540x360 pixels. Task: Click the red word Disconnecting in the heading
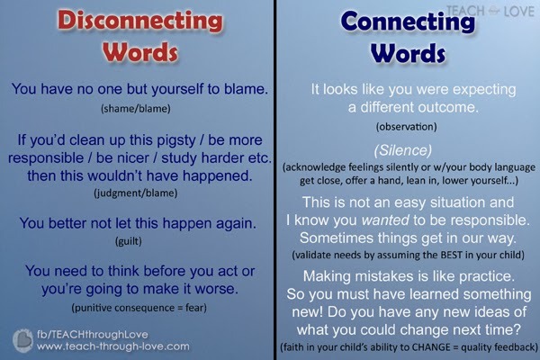pyautogui.click(x=139, y=21)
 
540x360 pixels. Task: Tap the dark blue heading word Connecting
pyautogui.click(x=408, y=22)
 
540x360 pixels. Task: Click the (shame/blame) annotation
pyautogui.click(x=136, y=109)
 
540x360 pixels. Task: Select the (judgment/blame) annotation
pyautogui.click(x=136, y=193)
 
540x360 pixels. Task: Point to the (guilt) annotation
pyautogui.click(x=129, y=241)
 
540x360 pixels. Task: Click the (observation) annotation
pyautogui.click(x=407, y=127)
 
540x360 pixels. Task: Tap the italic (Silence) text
pyautogui.click(x=403, y=150)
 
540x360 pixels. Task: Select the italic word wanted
pyautogui.click(x=385, y=220)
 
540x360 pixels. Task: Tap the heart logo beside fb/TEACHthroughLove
pyautogui.click(x=22, y=341)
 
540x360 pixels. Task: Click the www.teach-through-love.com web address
pyautogui.click(x=113, y=346)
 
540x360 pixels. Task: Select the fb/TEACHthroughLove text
pyautogui.click(x=93, y=335)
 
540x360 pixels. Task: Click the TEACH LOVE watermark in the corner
pyautogui.click(x=490, y=11)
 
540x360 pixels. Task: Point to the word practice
pyautogui.click(x=487, y=276)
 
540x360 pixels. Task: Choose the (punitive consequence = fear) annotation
pyautogui.click(x=139, y=308)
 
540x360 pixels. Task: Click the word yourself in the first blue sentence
pyautogui.click(x=177, y=89)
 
